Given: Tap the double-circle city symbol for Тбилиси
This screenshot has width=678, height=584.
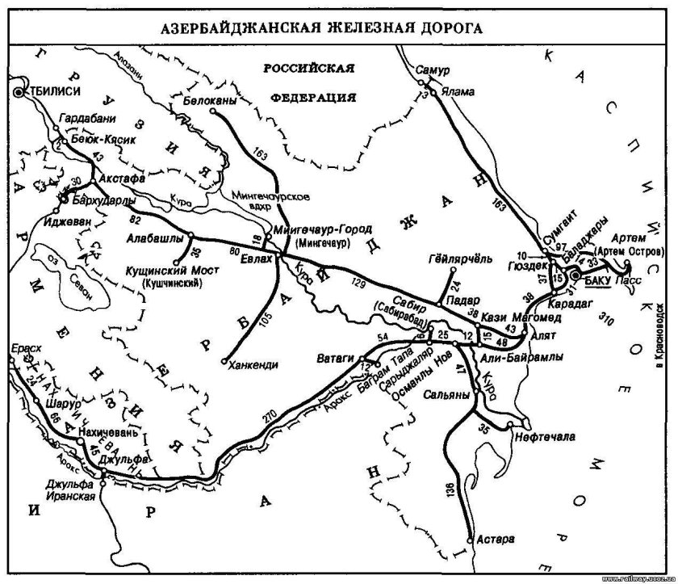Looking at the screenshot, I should point(19,93).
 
